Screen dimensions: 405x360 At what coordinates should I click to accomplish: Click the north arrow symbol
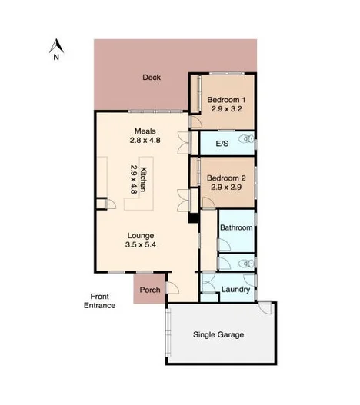(55, 45)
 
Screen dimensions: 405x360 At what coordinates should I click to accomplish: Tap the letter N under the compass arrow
(55, 56)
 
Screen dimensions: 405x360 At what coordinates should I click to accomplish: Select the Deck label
(151, 77)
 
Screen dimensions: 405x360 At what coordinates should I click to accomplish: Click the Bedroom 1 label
(227, 98)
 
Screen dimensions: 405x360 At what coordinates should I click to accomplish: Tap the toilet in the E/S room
(245, 141)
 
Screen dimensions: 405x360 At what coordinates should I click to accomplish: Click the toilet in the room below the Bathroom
(245, 263)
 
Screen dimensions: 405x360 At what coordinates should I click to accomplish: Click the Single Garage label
(218, 335)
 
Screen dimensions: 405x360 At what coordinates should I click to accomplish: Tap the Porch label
(149, 291)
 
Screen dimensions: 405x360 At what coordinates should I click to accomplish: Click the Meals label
(145, 131)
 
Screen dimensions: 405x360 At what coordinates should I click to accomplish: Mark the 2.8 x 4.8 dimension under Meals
(145, 141)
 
